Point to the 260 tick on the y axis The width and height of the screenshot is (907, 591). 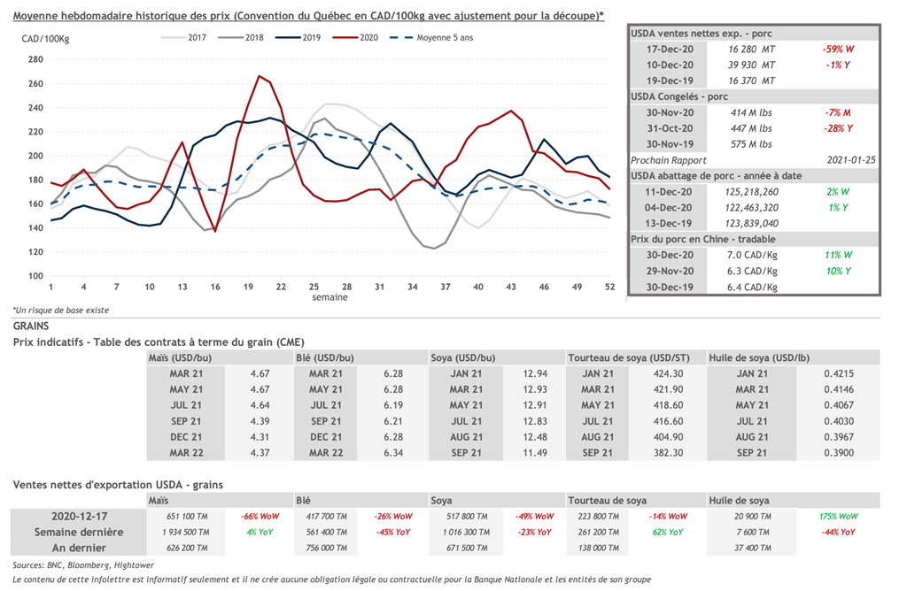(x=36, y=84)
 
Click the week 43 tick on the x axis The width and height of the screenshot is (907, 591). (x=511, y=287)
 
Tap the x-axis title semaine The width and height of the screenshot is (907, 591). (x=330, y=297)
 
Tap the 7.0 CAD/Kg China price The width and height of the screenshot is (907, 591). (x=755, y=256)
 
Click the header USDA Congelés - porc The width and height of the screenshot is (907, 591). (x=679, y=96)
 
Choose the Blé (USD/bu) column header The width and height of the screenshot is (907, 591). (x=325, y=357)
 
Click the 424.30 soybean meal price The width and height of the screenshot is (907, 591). (x=669, y=373)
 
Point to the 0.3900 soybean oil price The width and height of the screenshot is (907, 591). (x=833, y=453)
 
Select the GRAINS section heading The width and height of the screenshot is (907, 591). (x=33, y=326)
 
